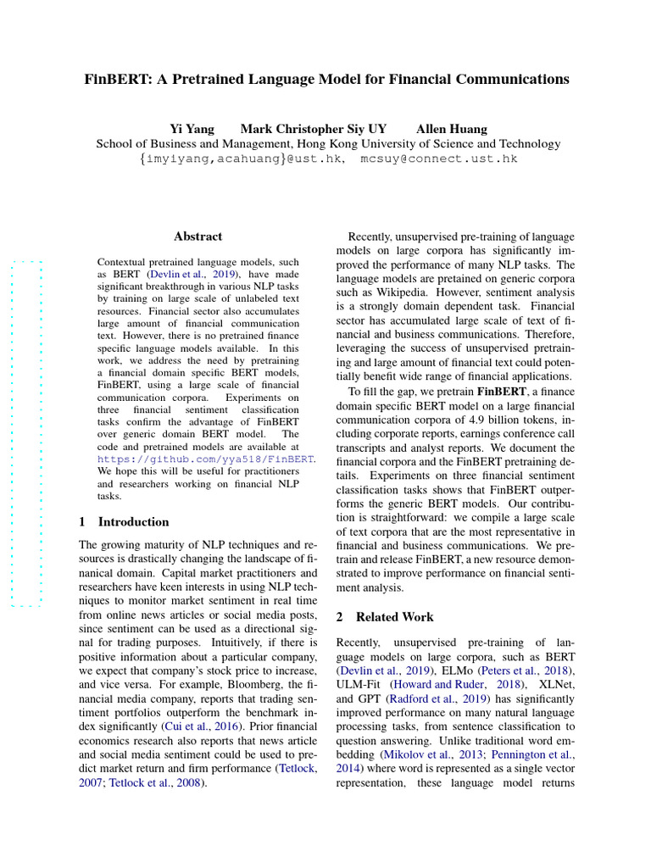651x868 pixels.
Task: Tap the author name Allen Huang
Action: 452,129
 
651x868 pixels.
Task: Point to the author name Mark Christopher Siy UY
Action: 314,129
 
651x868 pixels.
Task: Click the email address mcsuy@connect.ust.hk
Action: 438,159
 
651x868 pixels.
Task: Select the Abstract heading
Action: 198,236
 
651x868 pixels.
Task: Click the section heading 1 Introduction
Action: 124,521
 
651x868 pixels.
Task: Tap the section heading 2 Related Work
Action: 385,617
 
